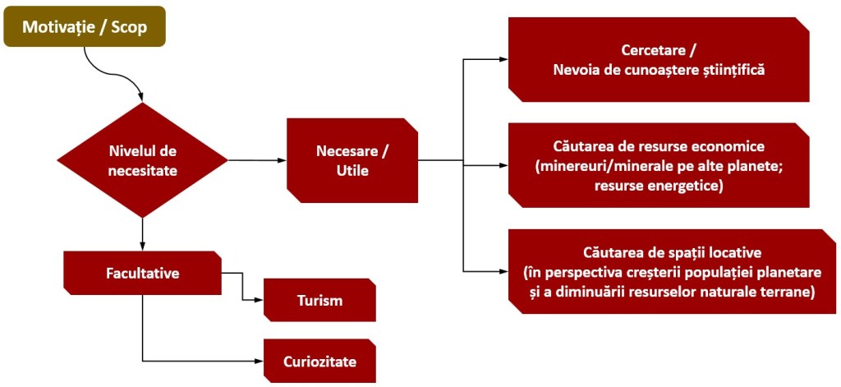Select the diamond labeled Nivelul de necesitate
point(143,160)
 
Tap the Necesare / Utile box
point(352,161)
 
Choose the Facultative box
point(142,272)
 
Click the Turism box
point(319,300)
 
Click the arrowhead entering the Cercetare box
point(503,59)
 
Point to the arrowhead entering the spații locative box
point(503,270)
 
